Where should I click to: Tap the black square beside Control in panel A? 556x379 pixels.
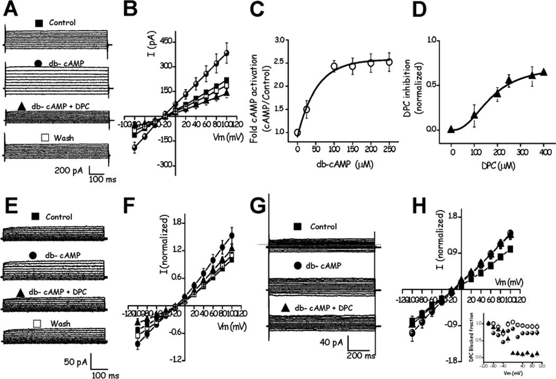(x=39, y=23)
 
